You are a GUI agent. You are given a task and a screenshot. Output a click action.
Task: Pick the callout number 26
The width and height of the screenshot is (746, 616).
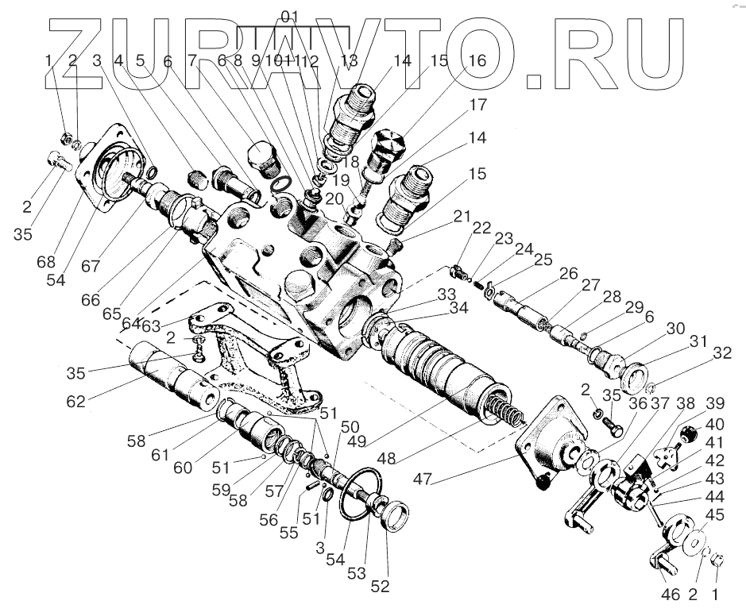click(x=568, y=274)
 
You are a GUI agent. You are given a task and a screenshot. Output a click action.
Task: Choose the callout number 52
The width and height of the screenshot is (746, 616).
click(x=381, y=587)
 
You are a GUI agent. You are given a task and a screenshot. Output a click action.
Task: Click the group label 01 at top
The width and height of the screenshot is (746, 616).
click(x=291, y=16)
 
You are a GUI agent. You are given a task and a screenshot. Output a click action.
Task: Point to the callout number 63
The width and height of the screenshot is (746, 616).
click(x=150, y=325)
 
